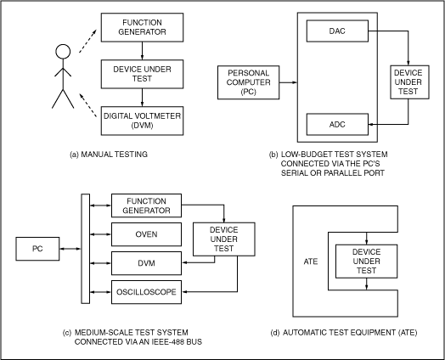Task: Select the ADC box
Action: [x=336, y=125]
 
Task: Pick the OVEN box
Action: [x=146, y=233]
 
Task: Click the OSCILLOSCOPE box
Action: [x=146, y=292]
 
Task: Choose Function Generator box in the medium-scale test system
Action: [x=146, y=205]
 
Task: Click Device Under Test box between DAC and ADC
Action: [x=409, y=81]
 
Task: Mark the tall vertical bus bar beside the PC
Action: [x=84, y=247]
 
